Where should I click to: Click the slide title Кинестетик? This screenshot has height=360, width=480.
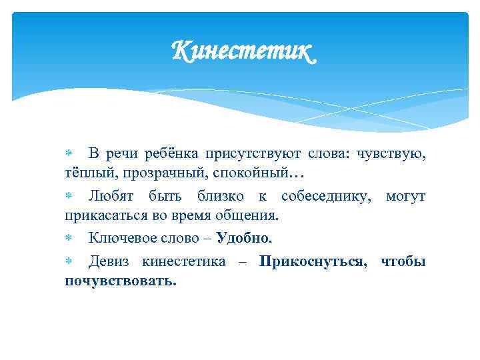[241, 51]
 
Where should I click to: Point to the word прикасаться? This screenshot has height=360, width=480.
[100, 216]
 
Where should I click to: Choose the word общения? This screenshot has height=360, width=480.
[253, 216]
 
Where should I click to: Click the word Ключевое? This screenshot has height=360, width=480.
[121, 238]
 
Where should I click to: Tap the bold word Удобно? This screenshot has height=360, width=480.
[244, 238]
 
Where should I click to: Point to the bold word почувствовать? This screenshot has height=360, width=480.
[121, 281]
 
